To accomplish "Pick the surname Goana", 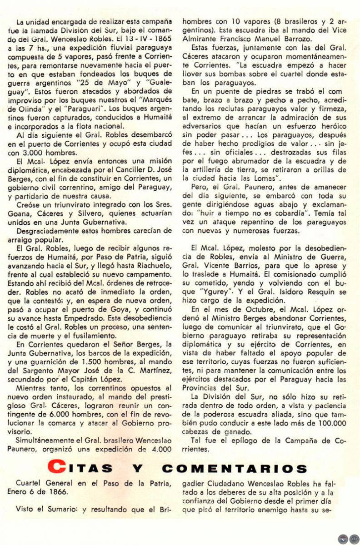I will tap(26, 213).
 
